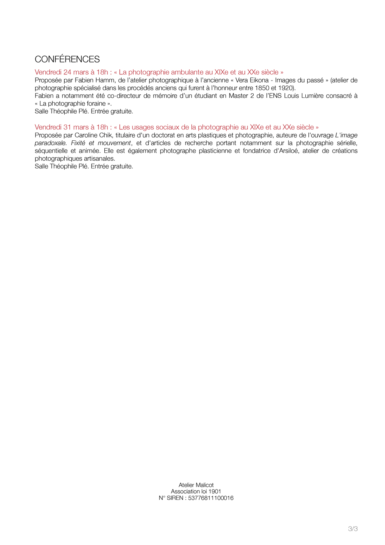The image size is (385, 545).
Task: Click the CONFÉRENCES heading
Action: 67,59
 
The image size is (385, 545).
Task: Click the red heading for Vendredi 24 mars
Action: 159,72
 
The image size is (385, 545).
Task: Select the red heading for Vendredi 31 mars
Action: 176,127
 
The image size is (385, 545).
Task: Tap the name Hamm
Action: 107,80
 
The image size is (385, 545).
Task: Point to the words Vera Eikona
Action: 252,80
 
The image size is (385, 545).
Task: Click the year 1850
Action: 262,88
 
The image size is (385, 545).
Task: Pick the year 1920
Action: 285,88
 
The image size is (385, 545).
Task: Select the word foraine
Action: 96,103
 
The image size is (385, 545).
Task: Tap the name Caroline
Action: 87,135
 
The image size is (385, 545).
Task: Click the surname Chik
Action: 107,135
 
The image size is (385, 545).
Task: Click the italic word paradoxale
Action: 50,143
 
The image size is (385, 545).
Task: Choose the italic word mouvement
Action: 114,143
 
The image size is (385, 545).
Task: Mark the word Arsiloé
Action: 286,151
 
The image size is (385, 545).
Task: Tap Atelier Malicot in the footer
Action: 196,485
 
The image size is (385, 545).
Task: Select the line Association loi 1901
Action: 196,491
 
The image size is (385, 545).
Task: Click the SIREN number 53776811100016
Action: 211,498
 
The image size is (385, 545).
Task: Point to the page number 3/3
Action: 353,529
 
